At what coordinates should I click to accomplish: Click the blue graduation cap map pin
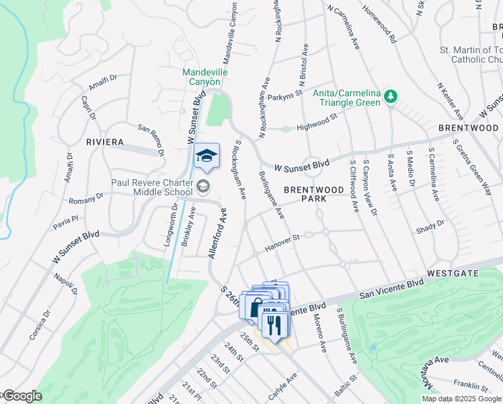coord(206,156)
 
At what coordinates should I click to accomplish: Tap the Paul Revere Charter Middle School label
coord(152,187)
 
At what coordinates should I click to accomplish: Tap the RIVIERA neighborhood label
coord(105,142)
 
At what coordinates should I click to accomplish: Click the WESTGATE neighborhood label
coord(453,273)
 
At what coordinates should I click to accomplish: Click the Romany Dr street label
coord(87,198)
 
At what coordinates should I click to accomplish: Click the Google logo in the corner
coord(22,396)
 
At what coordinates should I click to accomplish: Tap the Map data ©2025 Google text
coord(462,399)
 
